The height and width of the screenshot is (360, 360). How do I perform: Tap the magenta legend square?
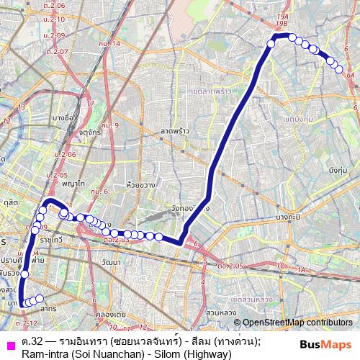coord(9,344)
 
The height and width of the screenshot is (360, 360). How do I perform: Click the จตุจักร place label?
coord(90,132)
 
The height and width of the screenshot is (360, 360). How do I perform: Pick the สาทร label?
coord(48,307)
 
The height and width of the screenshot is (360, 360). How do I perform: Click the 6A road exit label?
coord(351,74)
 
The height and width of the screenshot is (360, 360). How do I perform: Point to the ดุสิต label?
coord(10,204)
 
